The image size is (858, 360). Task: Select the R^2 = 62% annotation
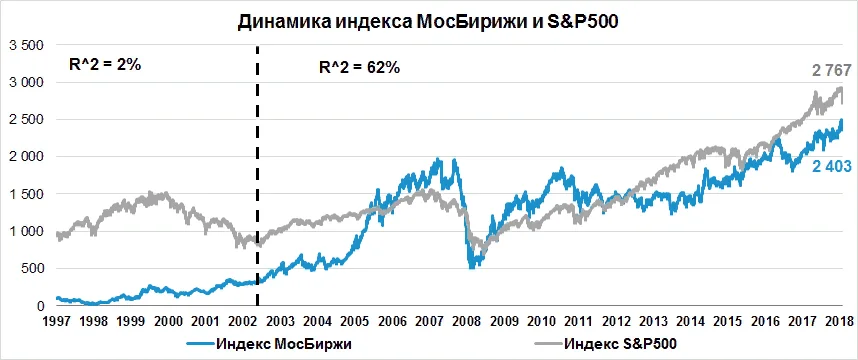[x=358, y=69]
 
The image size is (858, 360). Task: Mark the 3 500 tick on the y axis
[x=26, y=46]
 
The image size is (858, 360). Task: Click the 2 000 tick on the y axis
[x=26, y=157]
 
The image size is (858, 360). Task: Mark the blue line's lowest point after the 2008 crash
[x=472, y=266]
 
